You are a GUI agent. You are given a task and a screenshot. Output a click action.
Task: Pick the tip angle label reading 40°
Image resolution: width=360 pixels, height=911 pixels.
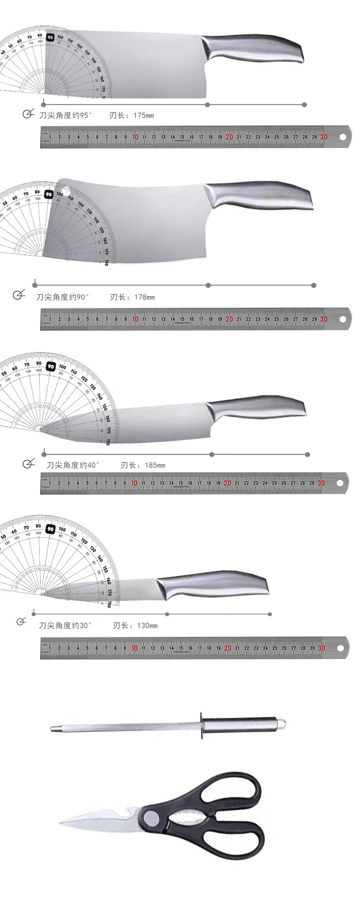coord(73,465)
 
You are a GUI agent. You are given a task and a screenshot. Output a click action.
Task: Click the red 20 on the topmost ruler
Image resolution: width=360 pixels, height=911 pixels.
coord(229,137)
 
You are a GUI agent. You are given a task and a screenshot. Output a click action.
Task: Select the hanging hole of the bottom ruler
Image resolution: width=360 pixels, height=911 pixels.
coord(341,648)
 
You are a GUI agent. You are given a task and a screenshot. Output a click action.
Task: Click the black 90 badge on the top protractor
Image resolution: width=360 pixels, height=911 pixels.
coord(50,37)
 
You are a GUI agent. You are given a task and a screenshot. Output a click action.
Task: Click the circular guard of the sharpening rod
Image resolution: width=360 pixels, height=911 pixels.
coord(201,727)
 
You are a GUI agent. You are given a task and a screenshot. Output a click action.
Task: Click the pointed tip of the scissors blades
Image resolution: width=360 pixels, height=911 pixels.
coord(61,823)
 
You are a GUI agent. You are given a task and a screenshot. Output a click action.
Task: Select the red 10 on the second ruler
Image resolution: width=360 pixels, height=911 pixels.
coord(135,319)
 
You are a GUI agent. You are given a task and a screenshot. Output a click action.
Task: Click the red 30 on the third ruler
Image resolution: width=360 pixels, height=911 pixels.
coord(321,483)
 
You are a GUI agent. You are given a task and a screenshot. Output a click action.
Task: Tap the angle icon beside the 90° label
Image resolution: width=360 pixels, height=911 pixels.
coord(18,296)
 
